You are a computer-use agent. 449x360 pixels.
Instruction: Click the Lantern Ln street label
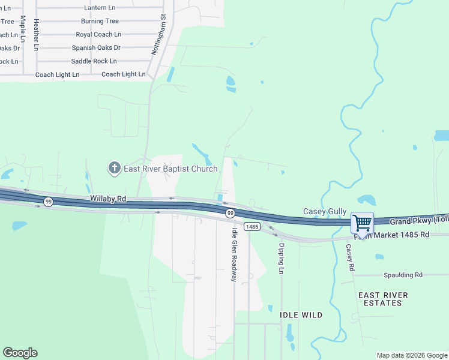[x=100, y=7]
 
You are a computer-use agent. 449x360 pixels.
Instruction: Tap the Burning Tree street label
[x=100, y=21]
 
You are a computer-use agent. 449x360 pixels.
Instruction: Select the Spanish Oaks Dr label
[x=96, y=47]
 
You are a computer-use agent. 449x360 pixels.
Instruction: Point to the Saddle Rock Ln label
[x=94, y=61]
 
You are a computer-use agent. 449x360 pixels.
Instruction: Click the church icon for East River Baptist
[x=115, y=168]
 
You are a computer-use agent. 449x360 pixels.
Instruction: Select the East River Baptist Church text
[x=170, y=169]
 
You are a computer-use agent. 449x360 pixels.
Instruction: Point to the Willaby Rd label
[x=108, y=197]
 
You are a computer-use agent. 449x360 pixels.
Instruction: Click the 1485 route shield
[x=252, y=226]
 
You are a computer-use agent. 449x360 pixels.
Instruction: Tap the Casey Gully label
[x=325, y=211]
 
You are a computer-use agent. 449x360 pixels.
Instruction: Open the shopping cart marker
[x=363, y=223]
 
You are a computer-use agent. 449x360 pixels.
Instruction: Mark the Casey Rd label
[x=349, y=257]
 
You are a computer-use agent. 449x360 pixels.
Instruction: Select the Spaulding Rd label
[x=402, y=275]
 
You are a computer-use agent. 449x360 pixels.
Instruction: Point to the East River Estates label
[x=383, y=299]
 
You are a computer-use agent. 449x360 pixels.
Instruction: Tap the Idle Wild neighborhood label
[x=301, y=314]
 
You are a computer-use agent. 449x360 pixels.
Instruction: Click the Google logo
[x=20, y=353]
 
